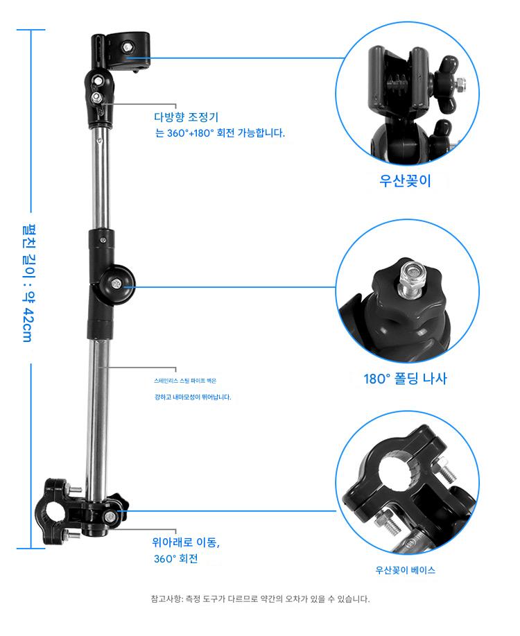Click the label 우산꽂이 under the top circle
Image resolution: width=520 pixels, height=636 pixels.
click(x=405, y=181)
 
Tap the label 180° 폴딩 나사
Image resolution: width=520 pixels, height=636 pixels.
click(x=405, y=379)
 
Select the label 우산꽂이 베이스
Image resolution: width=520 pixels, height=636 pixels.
click(x=405, y=570)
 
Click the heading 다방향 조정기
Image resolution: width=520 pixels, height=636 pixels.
click(x=187, y=117)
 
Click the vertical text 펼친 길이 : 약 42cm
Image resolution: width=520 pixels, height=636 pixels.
click(x=27, y=283)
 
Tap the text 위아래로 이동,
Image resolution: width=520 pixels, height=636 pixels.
click(x=187, y=542)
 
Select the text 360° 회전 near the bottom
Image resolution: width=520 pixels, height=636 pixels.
click(x=175, y=558)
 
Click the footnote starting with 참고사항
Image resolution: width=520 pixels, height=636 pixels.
click(x=260, y=599)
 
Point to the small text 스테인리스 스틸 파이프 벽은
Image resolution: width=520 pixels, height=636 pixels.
click(x=185, y=381)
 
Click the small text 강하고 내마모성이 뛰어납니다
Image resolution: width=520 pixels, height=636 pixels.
click(x=193, y=397)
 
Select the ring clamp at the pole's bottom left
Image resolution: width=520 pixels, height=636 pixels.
click(x=56, y=512)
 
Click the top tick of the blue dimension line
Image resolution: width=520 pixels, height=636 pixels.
click(x=31, y=30)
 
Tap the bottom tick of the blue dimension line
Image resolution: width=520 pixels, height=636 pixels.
click(x=31, y=549)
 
